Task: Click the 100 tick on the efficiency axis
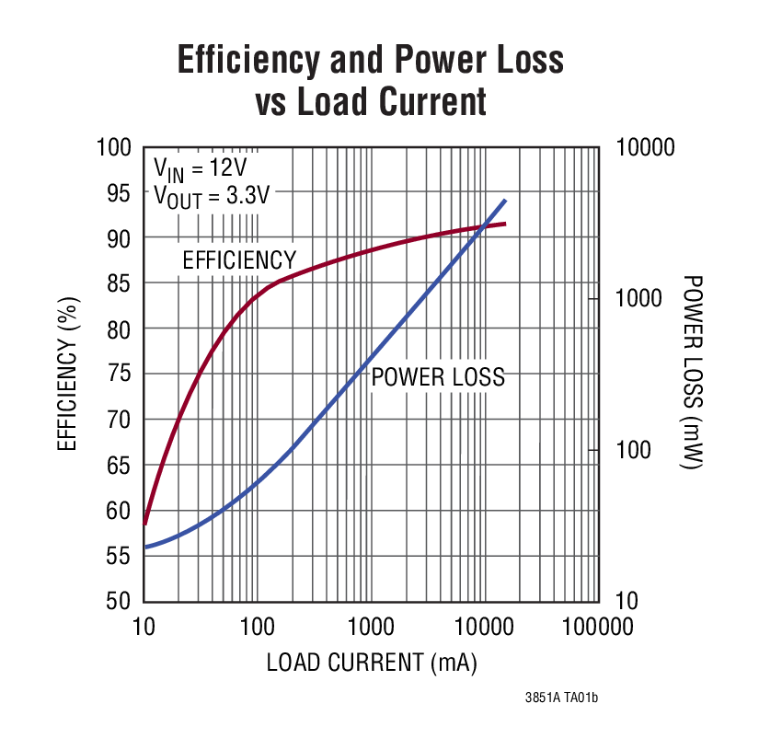coord(116,148)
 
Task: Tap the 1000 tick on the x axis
coord(371,628)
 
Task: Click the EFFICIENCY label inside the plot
coord(239,260)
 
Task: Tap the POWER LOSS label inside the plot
coord(438,377)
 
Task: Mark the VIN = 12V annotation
coord(200,169)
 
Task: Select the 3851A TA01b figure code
coord(561,699)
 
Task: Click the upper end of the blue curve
coord(505,201)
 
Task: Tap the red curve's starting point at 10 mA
coord(145,523)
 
